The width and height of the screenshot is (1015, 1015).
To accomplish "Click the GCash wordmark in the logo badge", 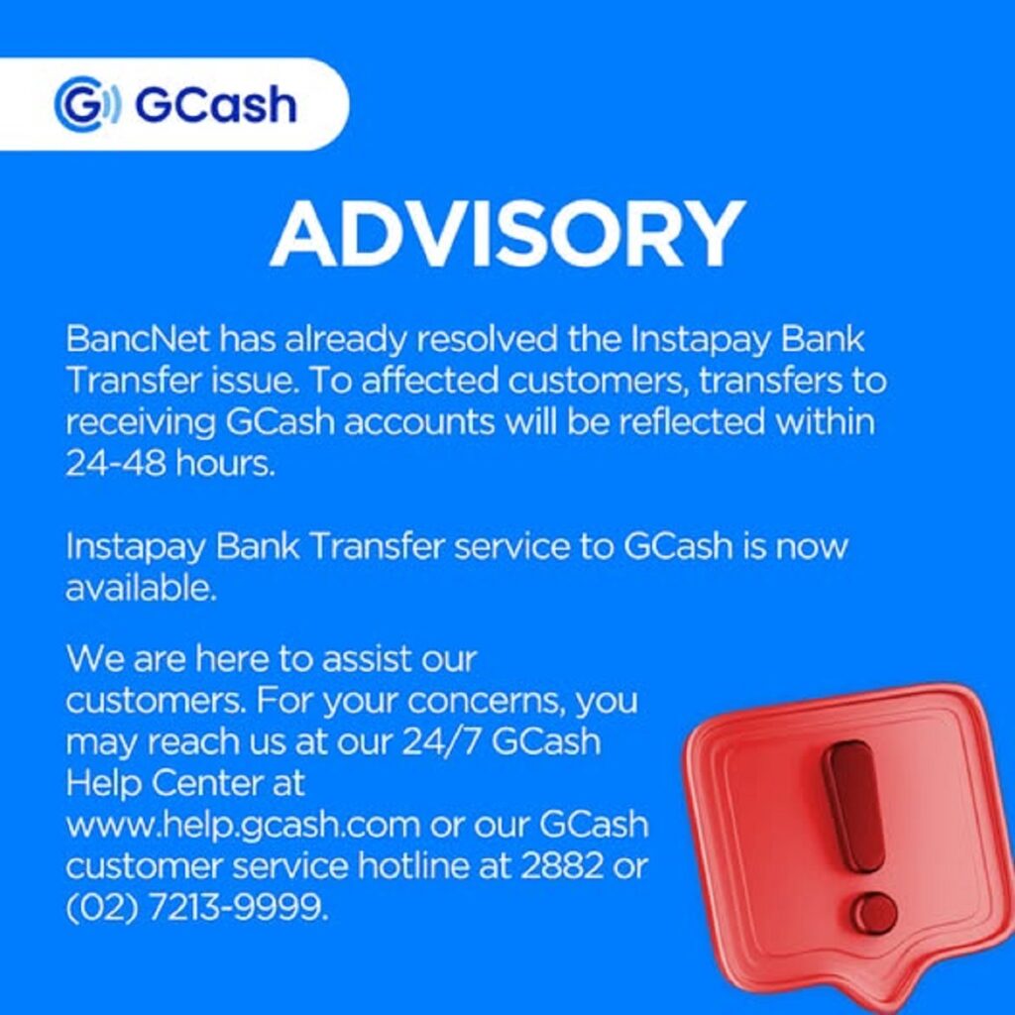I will point(215,104).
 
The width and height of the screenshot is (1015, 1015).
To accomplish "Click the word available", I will point(139,589).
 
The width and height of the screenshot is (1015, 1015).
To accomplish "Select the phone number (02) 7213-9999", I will point(195,908).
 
